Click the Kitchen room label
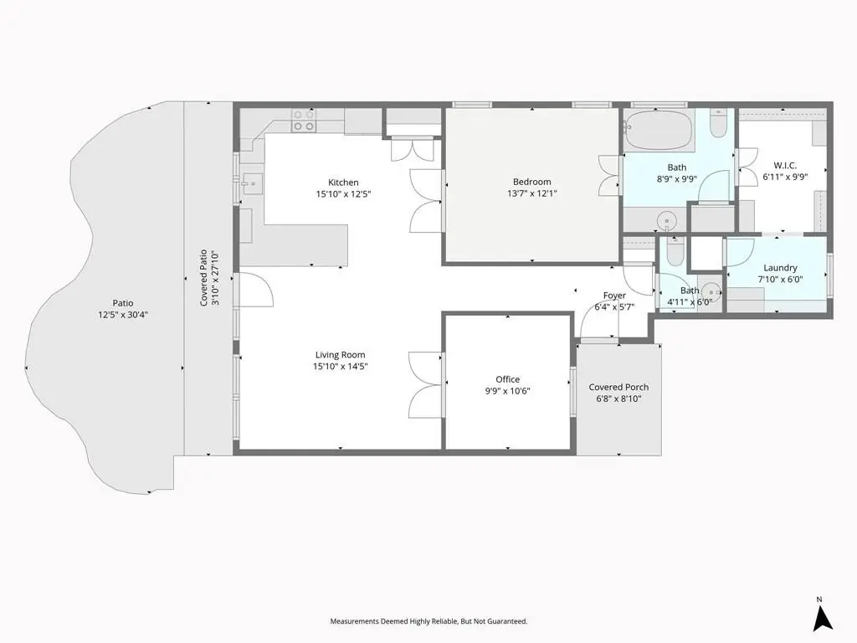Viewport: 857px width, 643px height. [343, 183]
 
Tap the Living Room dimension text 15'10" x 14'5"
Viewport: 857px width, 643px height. [340, 367]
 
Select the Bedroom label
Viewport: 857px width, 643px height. [531, 182]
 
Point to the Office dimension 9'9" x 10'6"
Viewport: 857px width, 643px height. [507, 391]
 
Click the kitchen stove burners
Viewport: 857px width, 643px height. [303, 121]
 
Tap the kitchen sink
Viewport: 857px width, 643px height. [253, 183]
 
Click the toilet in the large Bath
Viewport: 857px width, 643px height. [718, 124]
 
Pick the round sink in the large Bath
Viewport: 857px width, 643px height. [667, 221]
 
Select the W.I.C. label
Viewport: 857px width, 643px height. [785, 165]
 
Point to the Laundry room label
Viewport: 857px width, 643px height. [780, 268]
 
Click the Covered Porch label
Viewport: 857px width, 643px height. [618, 387]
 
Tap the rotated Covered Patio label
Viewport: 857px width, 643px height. [203, 278]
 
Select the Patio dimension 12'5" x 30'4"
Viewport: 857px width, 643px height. [123, 315]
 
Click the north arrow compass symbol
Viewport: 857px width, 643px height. [822, 619]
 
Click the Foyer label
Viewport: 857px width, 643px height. [614, 296]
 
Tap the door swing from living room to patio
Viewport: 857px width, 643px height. [256, 289]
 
